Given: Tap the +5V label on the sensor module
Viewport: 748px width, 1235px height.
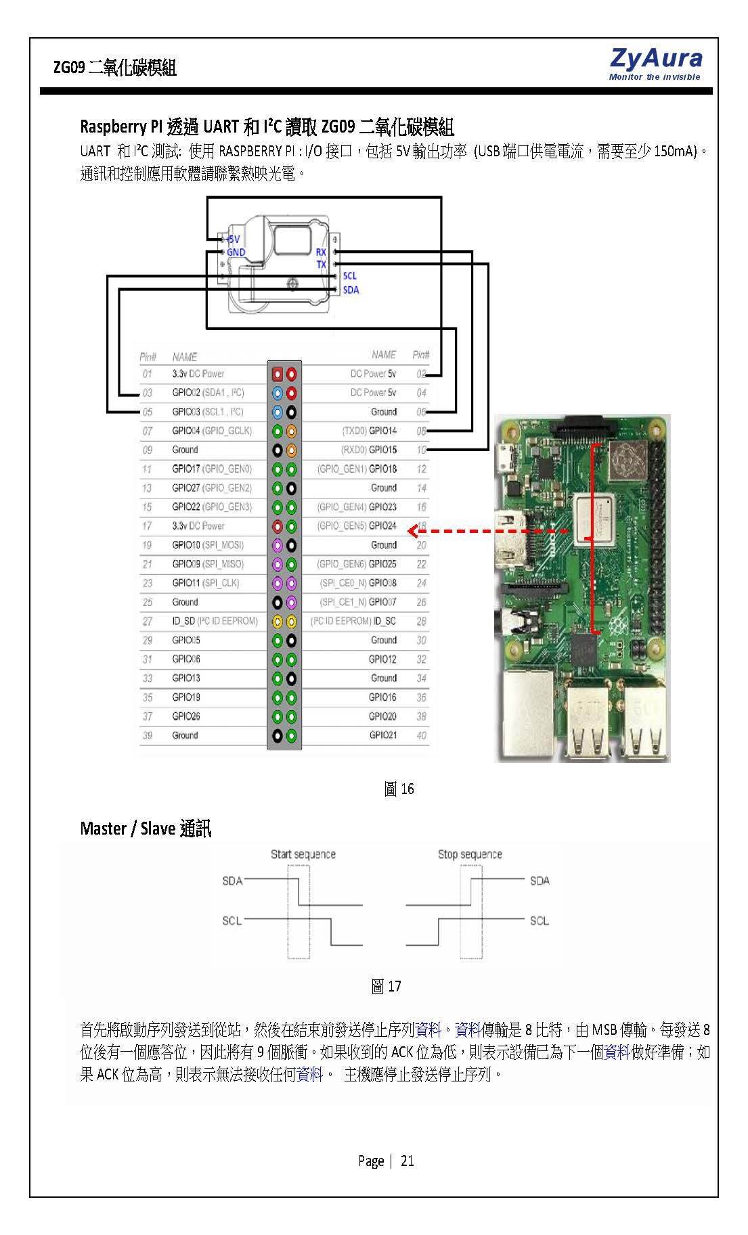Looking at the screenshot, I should (232, 239).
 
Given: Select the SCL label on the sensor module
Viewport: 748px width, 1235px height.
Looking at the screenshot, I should (349, 276).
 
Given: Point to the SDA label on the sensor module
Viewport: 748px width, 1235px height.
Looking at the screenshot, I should (351, 290).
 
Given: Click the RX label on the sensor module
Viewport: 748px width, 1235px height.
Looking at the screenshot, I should (321, 252).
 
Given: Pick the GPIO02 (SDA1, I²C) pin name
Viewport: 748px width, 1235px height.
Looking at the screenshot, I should (208, 393).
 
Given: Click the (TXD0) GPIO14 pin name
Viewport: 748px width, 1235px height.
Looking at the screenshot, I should (369, 431).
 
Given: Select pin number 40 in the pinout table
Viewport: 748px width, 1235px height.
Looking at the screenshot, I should (421, 735).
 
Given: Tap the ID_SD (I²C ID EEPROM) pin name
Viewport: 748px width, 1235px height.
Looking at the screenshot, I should (215, 621).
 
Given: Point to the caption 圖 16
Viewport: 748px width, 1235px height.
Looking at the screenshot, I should (399, 789).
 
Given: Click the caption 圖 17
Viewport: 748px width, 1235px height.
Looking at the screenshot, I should (386, 986).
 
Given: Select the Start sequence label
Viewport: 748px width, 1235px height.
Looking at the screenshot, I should (303, 854).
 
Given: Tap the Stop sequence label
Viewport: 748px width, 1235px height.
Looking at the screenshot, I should (469, 854).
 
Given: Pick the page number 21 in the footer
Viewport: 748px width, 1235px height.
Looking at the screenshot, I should (407, 1161).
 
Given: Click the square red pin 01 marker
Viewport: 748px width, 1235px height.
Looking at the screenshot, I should (277, 374).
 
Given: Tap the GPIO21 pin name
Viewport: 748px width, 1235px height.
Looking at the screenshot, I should (382, 735).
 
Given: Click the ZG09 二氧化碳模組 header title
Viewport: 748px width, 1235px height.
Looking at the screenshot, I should (115, 68).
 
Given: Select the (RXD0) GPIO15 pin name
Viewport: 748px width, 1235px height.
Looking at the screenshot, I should (369, 450).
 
